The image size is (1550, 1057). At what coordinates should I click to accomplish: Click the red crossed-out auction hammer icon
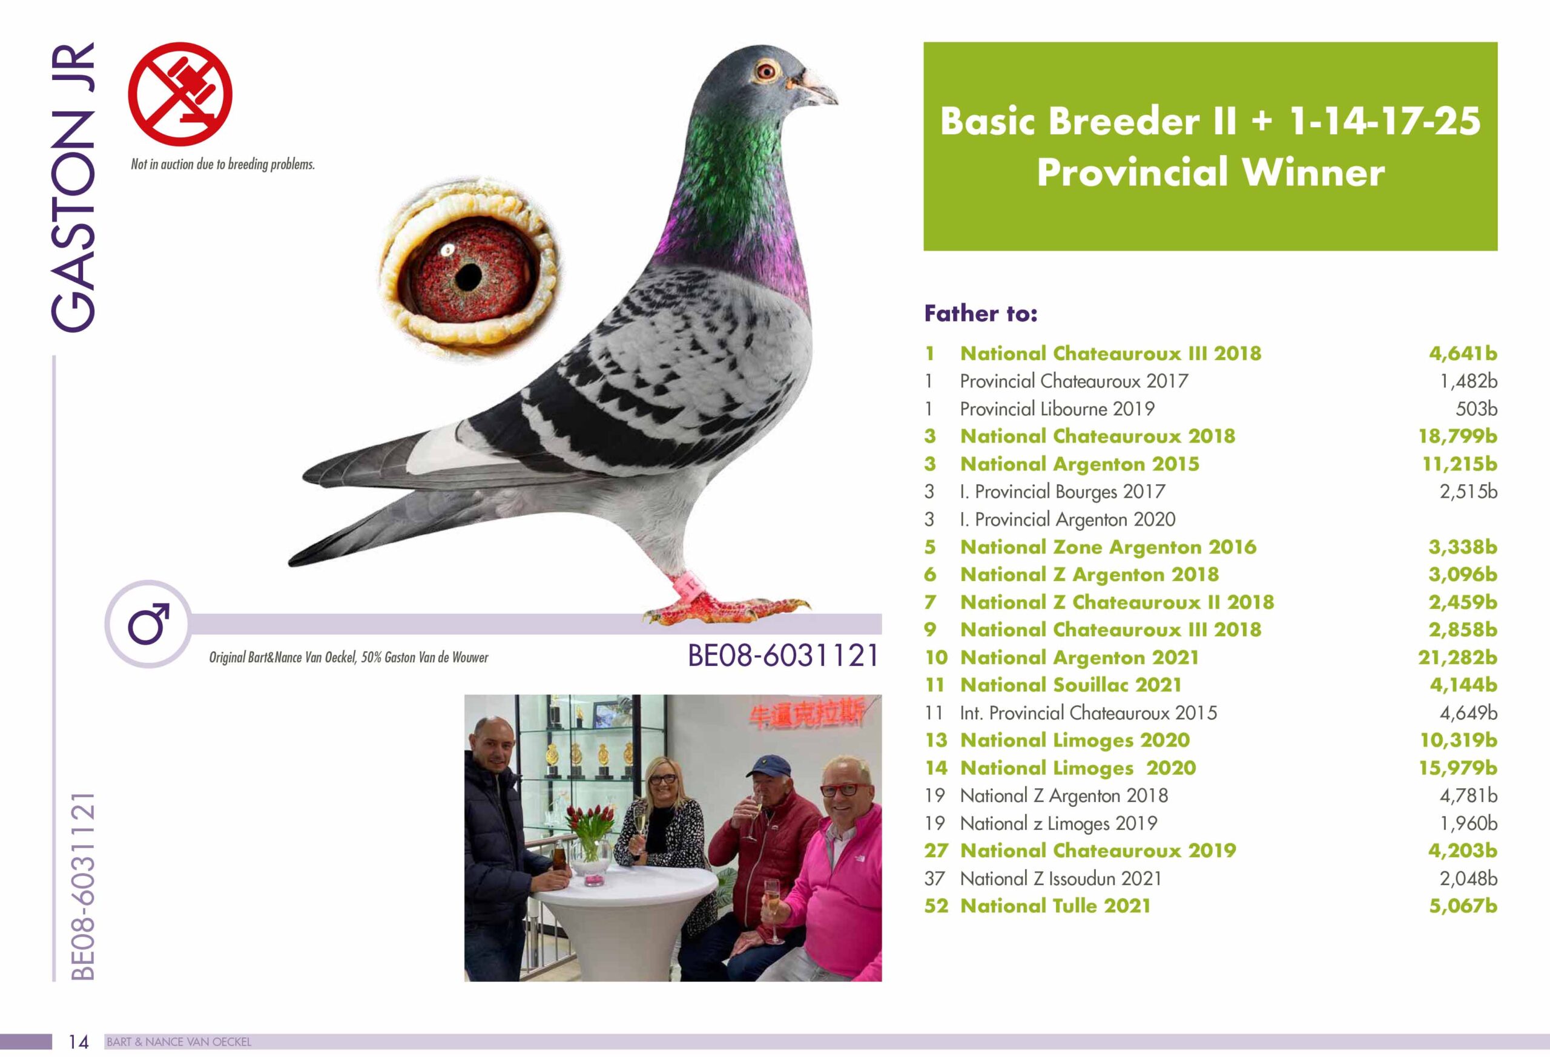click(180, 93)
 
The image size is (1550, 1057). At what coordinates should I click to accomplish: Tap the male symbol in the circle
click(148, 624)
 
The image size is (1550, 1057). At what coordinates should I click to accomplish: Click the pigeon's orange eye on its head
click(767, 70)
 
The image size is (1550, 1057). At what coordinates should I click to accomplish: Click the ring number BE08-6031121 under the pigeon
click(783, 656)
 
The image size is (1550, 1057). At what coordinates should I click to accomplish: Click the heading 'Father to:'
click(980, 313)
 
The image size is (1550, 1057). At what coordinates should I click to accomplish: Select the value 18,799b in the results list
click(1457, 436)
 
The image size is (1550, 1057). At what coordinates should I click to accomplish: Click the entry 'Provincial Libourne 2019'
click(1057, 409)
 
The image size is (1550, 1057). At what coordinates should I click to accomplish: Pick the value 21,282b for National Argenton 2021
click(1457, 657)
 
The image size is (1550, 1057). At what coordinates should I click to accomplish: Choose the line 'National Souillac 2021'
click(1070, 685)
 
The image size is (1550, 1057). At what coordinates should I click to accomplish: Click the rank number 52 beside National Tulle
click(935, 906)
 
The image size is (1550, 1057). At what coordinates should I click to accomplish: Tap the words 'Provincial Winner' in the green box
click(1210, 172)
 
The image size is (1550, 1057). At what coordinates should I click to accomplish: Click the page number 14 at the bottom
click(79, 1042)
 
